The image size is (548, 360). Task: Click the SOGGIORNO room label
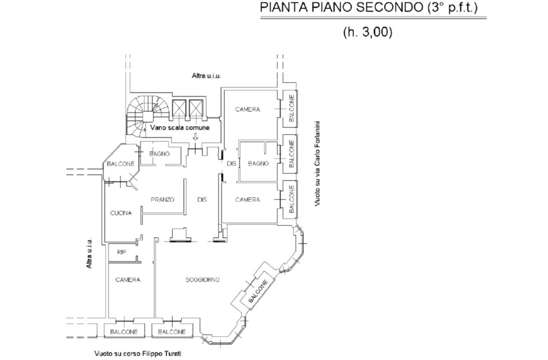[202, 280]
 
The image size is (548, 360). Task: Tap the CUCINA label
[121, 213]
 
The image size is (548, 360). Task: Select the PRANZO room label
[163, 199]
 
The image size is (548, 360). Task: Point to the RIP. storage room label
[122, 251]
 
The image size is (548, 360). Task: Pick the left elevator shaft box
[179, 108]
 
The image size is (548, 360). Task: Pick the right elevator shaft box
[196, 108]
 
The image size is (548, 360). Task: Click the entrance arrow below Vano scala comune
[195, 137]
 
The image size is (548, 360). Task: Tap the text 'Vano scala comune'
[180, 128]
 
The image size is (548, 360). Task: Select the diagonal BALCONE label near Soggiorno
[259, 291]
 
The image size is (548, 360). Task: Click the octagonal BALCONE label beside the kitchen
[121, 164]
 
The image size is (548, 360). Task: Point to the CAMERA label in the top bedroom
[247, 109]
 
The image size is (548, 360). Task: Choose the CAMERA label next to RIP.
[128, 280]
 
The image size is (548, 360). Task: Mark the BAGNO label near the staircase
[159, 154]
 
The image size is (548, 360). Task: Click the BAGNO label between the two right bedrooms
[258, 163]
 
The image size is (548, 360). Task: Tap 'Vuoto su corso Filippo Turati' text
[137, 354]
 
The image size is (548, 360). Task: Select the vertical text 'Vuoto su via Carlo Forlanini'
[317, 163]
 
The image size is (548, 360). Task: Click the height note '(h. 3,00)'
[367, 32]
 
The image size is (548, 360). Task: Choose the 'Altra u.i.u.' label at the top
[207, 75]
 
